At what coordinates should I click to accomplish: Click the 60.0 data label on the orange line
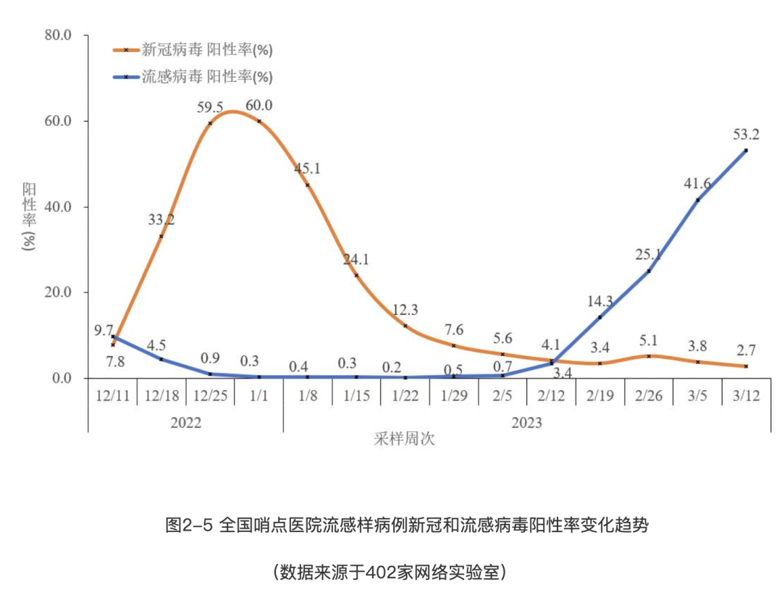pos(258,106)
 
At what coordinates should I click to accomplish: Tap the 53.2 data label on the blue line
pos(745,135)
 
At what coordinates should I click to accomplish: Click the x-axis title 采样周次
pos(405,439)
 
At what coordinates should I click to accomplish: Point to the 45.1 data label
pos(307,169)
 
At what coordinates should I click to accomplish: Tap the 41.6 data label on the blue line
pos(697,184)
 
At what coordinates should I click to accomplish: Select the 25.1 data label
pos(649,254)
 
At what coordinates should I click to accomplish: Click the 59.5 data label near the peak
pos(210,106)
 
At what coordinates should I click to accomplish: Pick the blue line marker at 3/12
pos(746,151)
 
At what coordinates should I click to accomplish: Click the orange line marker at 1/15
pos(356,275)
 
